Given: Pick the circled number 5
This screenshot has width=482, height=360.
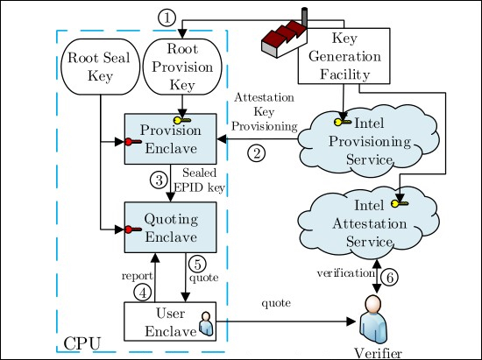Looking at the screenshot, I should coord(198,263).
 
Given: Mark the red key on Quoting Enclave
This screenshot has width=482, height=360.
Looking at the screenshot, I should coord(130,229).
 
